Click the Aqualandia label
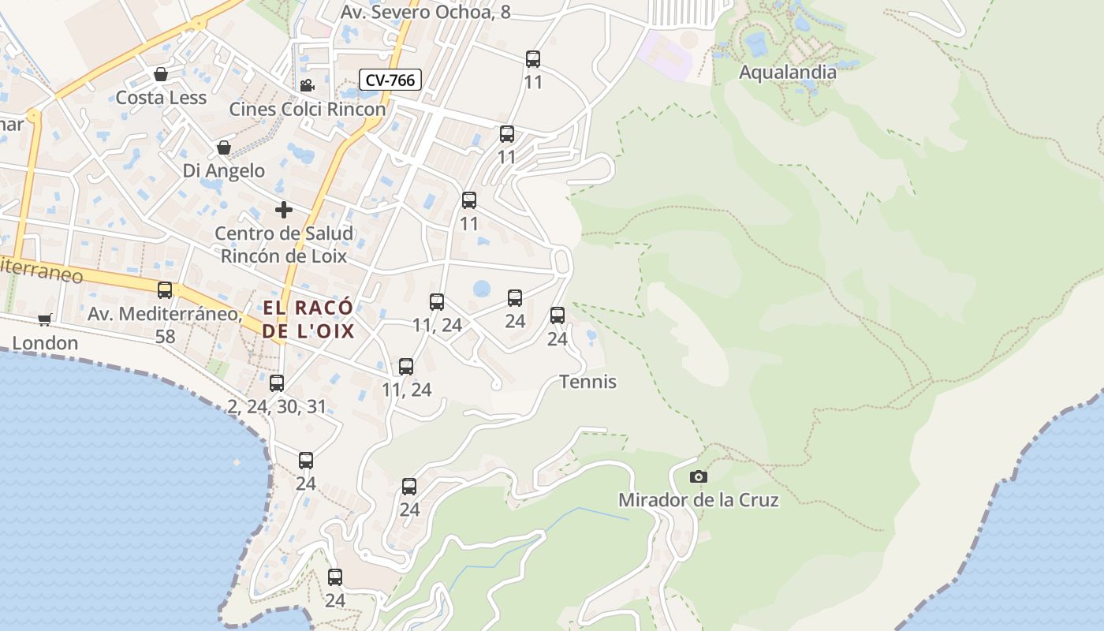tap(787, 73)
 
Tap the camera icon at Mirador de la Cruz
tap(698, 476)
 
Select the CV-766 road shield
tap(390, 80)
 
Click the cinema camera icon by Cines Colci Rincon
tap(307, 85)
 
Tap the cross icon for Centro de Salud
tap(284, 210)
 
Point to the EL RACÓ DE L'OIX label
tap(308, 319)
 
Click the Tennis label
tap(587, 382)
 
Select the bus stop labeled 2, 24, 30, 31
tap(277, 383)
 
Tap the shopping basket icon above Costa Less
tap(161, 74)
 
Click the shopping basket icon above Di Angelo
tap(224, 147)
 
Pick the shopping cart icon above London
tap(44, 319)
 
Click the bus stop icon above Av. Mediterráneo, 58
tap(165, 290)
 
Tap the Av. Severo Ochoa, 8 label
tap(425, 12)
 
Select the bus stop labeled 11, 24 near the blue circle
tap(437, 301)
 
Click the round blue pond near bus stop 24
tap(482, 289)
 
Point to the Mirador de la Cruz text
tap(698, 500)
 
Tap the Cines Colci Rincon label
tap(308, 109)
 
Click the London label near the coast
tap(45, 343)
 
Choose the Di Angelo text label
tap(224, 170)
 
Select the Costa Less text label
tap(161, 98)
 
